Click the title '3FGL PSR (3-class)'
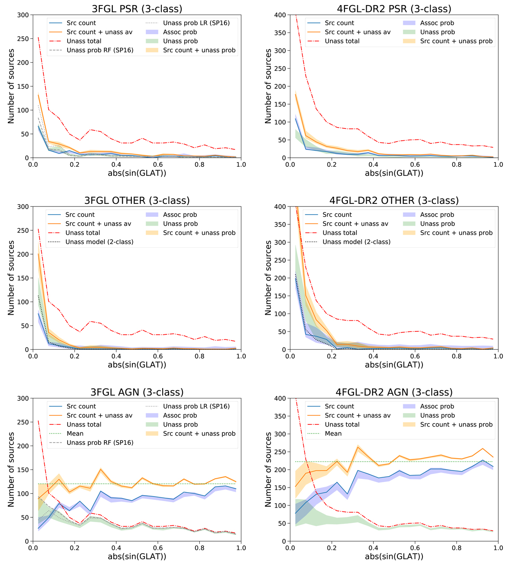(137, 9)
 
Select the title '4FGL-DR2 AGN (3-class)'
(394, 392)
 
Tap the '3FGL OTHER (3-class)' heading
(137, 200)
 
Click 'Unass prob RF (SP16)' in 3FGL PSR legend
(100, 50)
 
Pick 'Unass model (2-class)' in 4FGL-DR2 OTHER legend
(356, 242)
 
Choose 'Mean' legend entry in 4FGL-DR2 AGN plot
(333, 433)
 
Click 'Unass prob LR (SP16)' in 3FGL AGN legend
(196, 406)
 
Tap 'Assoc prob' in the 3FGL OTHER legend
(180, 215)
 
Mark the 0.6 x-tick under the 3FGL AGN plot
(158, 548)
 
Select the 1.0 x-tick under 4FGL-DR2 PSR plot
(498, 165)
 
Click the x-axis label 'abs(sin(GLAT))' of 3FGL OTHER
(137, 365)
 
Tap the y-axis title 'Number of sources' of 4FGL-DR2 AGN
(268, 470)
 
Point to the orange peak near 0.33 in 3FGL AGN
(100, 469)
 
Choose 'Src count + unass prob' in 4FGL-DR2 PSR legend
(456, 41)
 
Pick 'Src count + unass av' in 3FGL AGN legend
(100, 415)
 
